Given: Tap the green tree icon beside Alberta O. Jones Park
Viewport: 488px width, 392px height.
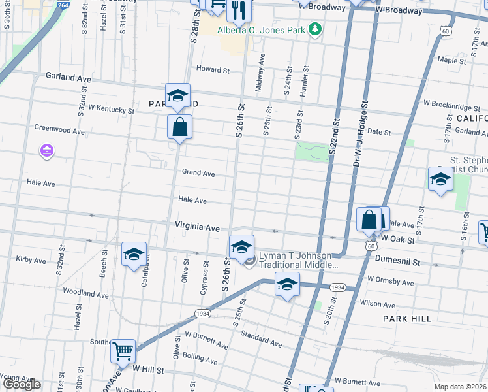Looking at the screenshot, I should tap(315, 29).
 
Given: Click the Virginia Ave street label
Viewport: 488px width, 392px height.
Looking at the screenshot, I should tap(196, 226).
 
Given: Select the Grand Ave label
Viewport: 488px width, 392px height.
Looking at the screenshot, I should tap(198, 174).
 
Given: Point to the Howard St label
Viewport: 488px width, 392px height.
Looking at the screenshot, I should tap(213, 69).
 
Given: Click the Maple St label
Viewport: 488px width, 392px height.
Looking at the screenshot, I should tap(451, 60).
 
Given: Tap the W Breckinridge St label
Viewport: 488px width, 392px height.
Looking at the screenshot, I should tap(451, 103).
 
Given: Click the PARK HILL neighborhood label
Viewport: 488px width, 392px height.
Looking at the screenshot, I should tap(404, 318).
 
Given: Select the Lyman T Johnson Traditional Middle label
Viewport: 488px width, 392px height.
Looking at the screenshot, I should tap(299, 260).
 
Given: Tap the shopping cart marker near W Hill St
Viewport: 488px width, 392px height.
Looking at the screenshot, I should tap(123, 351).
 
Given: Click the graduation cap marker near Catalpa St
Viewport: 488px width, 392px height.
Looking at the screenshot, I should tap(134, 254).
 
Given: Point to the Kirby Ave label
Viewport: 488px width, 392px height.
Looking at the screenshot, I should tap(31, 260).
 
